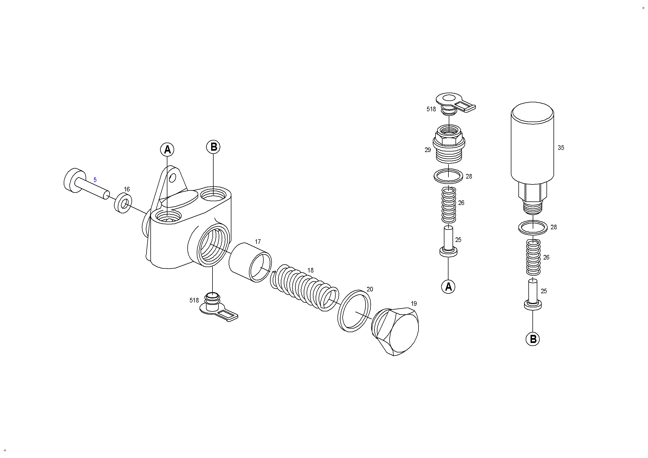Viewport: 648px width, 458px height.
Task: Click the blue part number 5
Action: point(95,180)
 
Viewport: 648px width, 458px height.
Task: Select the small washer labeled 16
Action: point(123,203)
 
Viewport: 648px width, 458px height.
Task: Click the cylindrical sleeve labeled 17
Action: point(250,262)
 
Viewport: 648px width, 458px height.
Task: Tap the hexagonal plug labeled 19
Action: point(395,331)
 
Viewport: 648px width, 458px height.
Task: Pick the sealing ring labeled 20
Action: point(354,310)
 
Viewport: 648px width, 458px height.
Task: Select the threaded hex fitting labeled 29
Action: point(449,144)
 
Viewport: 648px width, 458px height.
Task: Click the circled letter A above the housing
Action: point(167,150)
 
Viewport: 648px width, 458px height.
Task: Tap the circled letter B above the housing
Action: point(213,147)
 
